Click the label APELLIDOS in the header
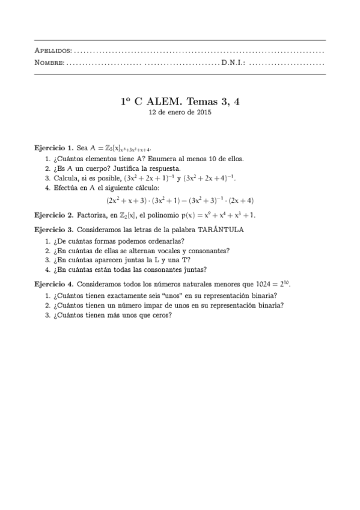[54, 50]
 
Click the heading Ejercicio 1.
[54, 147]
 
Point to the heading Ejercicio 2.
[54, 214]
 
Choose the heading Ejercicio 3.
[54, 230]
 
